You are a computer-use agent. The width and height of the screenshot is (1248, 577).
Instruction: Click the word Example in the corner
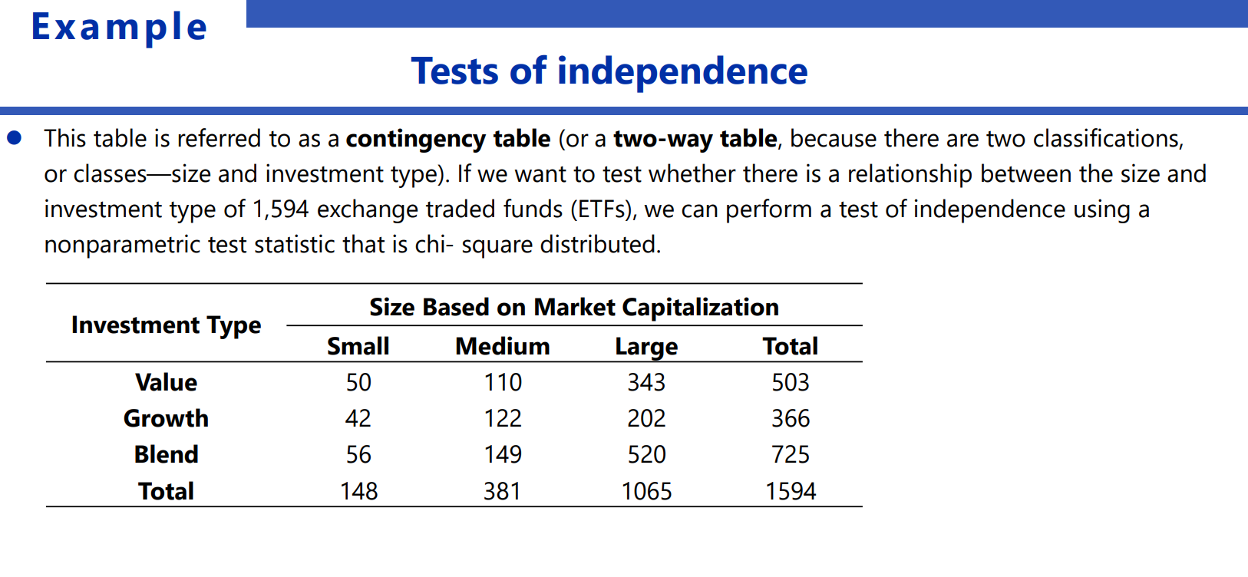pos(119,28)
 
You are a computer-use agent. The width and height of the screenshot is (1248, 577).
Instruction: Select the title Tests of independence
pos(609,71)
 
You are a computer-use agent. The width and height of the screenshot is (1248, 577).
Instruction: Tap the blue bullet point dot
pos(15,138)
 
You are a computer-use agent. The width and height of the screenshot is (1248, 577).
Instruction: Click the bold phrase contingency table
pos(447,139)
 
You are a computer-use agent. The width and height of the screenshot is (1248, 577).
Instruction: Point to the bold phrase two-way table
pos(695,139)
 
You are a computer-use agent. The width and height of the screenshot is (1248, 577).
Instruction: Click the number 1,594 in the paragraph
pos(280,209)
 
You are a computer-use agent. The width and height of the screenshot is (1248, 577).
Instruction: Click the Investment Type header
pos(166,325)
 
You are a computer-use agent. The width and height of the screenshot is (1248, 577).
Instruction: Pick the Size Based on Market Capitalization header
pos(573,308)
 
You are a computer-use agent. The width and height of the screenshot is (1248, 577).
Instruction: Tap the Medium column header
pos(502,347)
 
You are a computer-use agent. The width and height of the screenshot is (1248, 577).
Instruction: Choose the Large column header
pos(646,347)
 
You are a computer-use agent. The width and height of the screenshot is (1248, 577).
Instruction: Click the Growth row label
pos(166,419)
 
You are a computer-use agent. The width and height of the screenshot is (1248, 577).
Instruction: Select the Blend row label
pos(166,455)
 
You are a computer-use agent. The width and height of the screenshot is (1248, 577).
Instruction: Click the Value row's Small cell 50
pos(358,383)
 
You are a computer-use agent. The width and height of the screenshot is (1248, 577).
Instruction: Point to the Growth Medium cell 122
pos(502,419)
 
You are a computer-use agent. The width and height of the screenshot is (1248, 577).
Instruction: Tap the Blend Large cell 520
pos(646,455)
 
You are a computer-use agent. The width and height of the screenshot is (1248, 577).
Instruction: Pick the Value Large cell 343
pos(646,383)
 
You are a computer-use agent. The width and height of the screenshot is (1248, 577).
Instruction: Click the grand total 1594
pos(791,492)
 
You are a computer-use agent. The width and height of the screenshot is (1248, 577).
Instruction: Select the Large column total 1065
pos(646,492)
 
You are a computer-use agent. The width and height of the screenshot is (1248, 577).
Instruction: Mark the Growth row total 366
pos(791,419)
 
